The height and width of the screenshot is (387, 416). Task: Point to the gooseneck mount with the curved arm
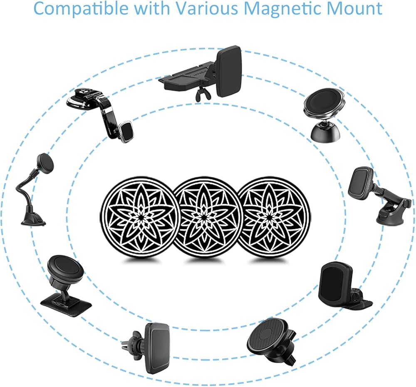coord(35,189)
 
